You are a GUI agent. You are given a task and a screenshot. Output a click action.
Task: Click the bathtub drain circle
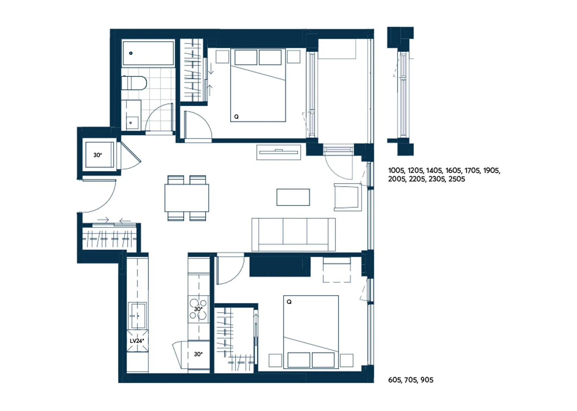(x=131, y=53)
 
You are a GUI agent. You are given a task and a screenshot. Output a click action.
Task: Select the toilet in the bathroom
(x=134, y=83)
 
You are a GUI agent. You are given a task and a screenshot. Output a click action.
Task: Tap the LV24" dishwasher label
(x=137, y=341)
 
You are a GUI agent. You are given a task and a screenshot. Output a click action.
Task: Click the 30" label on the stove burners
(x=198, y=309)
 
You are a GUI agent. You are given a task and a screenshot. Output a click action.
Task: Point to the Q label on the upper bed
(x=236, y=117)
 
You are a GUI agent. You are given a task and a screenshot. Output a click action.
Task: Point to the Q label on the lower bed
(x=289, y=302)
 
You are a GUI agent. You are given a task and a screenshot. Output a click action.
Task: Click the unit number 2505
(x=457, y=179)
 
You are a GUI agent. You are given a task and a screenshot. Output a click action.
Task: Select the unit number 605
(x=395, y=380)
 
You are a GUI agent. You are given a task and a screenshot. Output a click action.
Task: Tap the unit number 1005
(x=397, y=171)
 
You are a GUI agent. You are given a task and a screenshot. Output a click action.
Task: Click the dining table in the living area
(x=187, y=198)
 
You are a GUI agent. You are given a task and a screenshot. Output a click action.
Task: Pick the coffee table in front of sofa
(x=293, y=197)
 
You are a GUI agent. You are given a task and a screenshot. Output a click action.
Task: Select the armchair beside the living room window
(x=348, y=197)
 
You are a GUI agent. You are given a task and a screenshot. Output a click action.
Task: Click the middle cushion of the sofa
(x=295, y=231)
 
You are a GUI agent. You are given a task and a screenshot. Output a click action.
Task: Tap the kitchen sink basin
(x=137, y=316)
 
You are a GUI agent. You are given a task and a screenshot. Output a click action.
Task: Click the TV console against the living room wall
(x=279, y=152)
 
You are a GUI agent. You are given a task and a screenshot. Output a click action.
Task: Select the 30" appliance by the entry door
(x=100, y=155)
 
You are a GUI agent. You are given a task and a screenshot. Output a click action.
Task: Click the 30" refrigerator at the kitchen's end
(x=199, y=355)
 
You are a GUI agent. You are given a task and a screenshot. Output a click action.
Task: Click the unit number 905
(x=427, y=380)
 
